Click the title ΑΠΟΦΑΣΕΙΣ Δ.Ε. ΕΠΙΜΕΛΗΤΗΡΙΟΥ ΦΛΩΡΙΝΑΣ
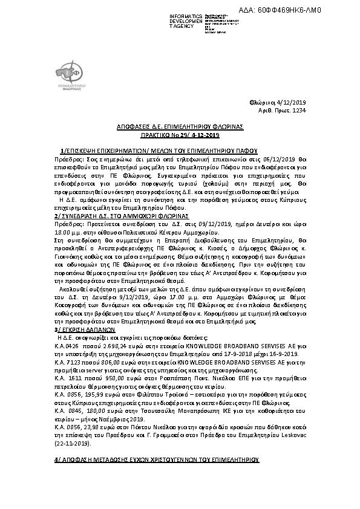click(180, 127)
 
